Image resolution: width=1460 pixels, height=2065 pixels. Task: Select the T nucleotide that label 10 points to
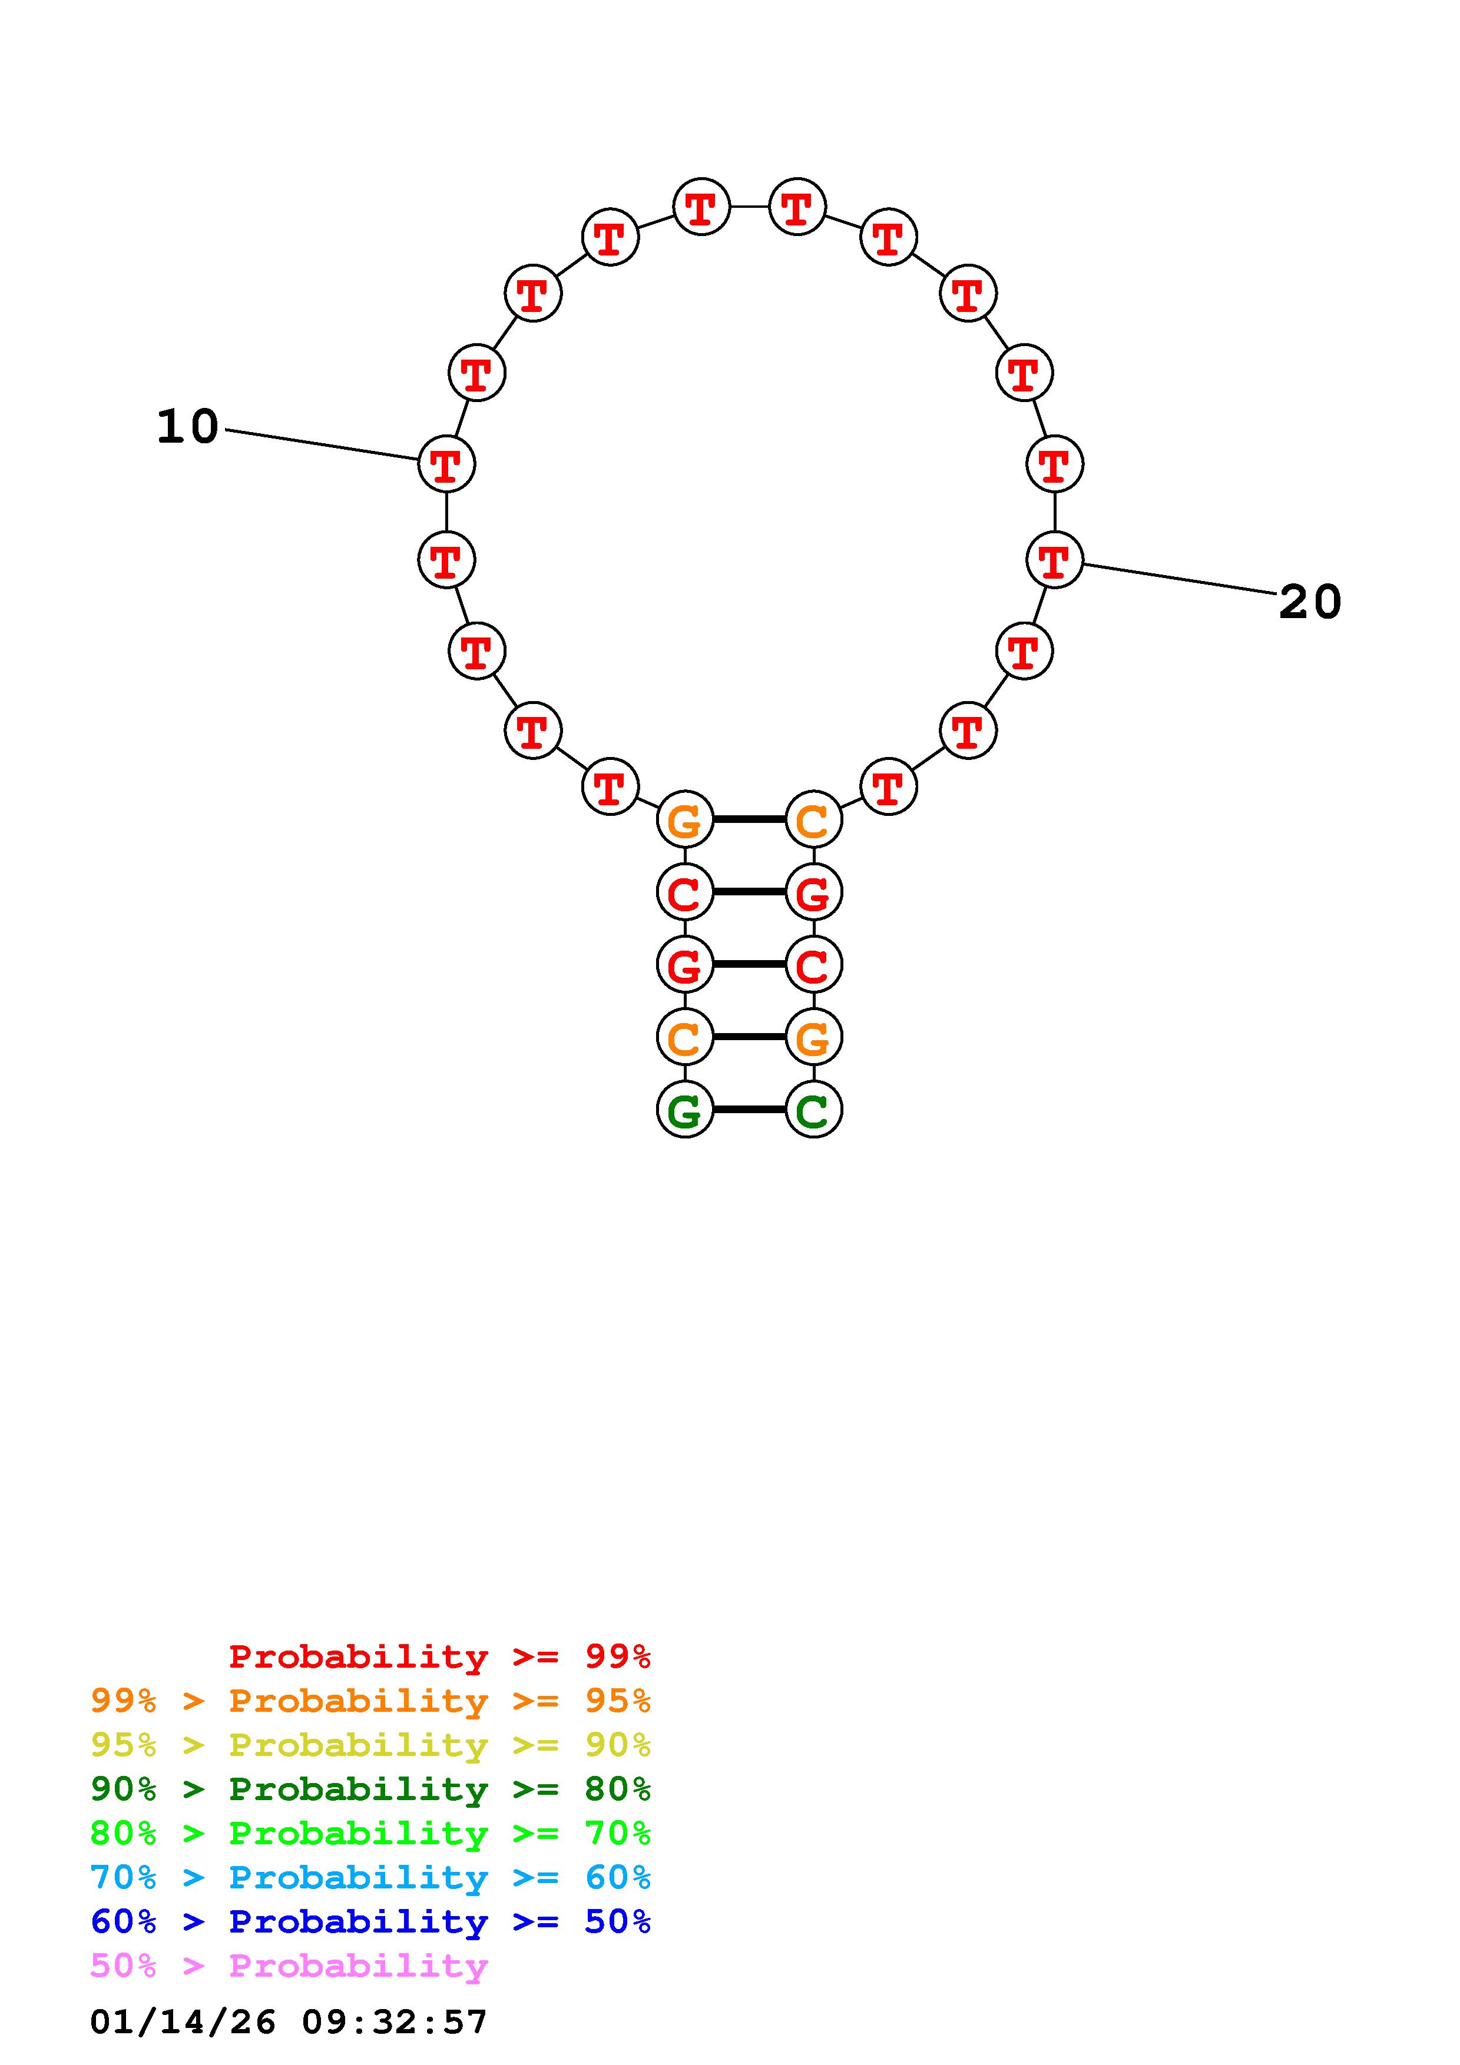point(446,464)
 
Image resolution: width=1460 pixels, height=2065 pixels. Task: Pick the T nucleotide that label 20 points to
point(1054,559)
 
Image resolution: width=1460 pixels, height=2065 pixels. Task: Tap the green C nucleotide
point(813,1110)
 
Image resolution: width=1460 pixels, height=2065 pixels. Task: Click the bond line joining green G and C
point(749,1110)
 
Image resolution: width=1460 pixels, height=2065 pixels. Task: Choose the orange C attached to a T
point(813,819)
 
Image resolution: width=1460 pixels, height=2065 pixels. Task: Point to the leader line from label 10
point(322,445)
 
